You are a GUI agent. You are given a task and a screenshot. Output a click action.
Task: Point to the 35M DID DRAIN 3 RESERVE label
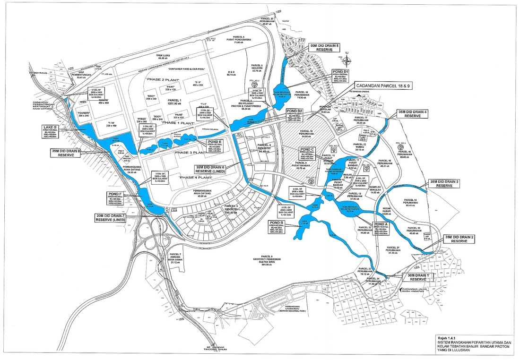click(x=444, y=183)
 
